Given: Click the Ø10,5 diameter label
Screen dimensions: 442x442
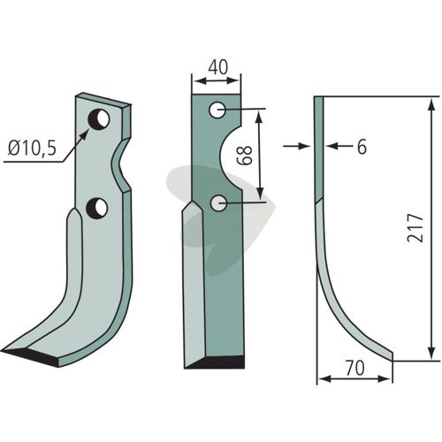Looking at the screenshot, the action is coord(32,149).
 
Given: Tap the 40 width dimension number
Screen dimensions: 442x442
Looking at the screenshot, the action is coord(218,67).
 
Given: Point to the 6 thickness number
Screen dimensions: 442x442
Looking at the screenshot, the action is coord(362,147).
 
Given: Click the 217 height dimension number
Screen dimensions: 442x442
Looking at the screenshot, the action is coord(415,228).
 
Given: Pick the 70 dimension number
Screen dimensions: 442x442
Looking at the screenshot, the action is coord(355,369).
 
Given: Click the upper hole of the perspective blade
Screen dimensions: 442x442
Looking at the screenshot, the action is coord(99,119).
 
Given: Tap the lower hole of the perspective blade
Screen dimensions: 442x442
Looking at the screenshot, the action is coord(96,208).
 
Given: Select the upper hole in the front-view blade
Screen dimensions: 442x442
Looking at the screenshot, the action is coord(217,110).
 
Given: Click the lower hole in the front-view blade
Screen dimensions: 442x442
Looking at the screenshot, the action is coord(218,203).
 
